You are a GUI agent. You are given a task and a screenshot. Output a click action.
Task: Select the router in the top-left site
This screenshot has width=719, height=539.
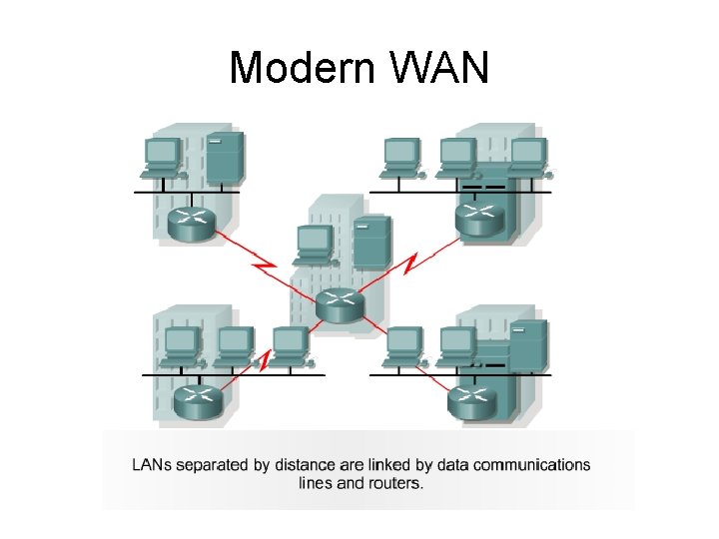pyautogui.click(x=191, y=225)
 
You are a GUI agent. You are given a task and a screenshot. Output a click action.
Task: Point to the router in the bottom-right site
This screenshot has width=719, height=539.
pyautogui.click(x=472, y=401)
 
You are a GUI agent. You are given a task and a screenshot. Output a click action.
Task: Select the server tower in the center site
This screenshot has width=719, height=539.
pyautogui.click(x=370, y=242)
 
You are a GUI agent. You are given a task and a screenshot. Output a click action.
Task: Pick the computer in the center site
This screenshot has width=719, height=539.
pyautogui.click(x=316, y=245)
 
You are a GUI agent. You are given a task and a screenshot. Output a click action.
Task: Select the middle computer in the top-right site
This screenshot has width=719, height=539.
pyautogui.click(x=456, y=157)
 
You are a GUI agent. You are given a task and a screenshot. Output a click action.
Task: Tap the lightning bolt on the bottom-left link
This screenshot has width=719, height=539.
pyautogui.click(x=265, y=360)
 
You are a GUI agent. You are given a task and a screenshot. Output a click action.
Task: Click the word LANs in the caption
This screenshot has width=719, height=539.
pyautogui.click(x=154, y=465)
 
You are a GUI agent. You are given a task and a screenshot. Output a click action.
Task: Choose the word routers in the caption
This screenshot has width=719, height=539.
pyautogui.click(x=395, y=484)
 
